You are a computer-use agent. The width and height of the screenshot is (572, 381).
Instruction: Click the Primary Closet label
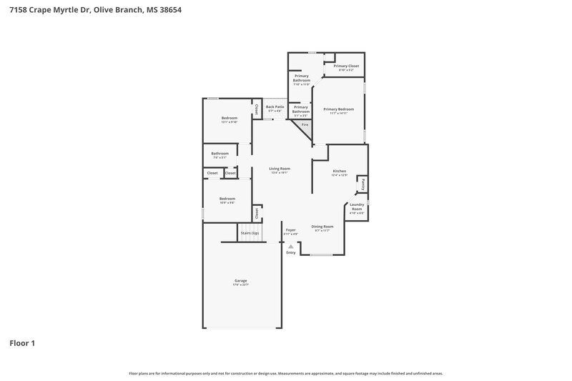pos(346,66)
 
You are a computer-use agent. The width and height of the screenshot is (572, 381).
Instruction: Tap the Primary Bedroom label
pos(339,109)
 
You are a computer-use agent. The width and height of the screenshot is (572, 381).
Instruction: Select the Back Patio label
pos(275,107)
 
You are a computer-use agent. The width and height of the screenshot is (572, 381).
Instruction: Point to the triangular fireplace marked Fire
pos(304,125)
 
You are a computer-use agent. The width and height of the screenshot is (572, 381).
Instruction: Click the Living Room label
pos(280,169)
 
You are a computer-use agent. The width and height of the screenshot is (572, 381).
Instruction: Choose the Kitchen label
pos(340,172)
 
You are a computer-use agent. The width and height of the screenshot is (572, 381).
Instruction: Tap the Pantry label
pos(363,185)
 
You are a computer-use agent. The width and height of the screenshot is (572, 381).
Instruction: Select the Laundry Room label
pos(357,207)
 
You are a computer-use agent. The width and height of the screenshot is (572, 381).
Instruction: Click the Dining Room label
pos(322,227)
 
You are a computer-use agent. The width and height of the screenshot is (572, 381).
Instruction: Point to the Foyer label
pos(290,230)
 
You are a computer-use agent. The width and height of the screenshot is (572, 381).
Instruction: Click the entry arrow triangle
pos(290,246)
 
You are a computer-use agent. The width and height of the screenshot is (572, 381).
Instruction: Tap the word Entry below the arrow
pos(290,253)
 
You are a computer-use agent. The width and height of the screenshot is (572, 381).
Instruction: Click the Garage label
pos(241,280)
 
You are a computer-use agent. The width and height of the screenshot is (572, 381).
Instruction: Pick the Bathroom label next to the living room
pos(220,153)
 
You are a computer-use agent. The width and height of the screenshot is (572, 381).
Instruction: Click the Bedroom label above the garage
pos(227,199)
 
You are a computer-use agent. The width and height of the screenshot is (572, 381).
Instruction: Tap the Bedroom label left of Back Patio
pos(229,118)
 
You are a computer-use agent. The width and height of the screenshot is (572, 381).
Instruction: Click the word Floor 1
pos(22,343)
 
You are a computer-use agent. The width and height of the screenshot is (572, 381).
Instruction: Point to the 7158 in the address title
pos(19,11)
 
